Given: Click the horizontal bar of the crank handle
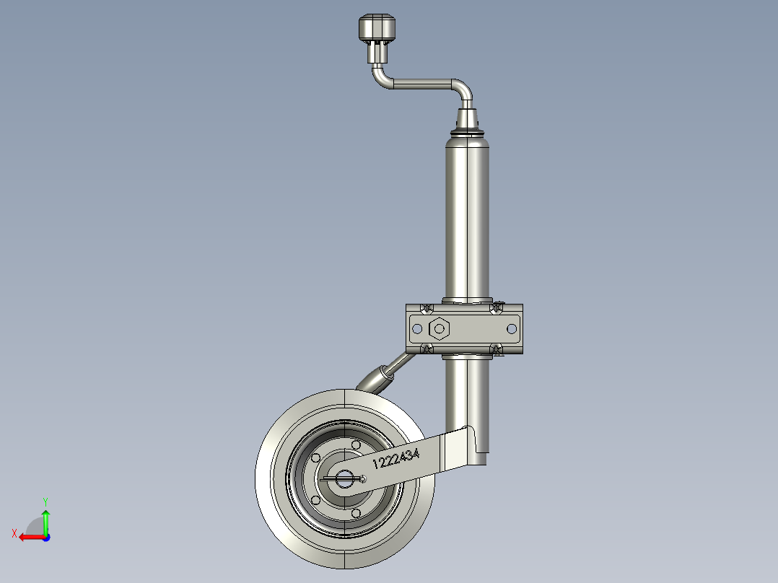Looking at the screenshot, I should tap(422, 84).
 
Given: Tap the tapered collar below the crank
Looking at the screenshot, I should tap(468, 118).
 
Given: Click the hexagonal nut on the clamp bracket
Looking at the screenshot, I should tap(438, 329).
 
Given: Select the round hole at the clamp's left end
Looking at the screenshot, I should tap(416, 329).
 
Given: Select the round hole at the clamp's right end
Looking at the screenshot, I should tap(512, 329).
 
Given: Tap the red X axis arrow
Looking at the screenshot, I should tap(29, 537).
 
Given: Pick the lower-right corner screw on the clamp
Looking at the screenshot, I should tap(497, 350).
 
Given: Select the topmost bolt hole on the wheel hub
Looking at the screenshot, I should tap(356, 444).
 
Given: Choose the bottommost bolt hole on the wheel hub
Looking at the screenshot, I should tap(356, 513).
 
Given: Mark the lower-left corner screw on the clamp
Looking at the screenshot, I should tap(426, 350).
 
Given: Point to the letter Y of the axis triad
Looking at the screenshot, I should tap(45, 500).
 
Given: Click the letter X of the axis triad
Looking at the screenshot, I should tap(14, 533).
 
